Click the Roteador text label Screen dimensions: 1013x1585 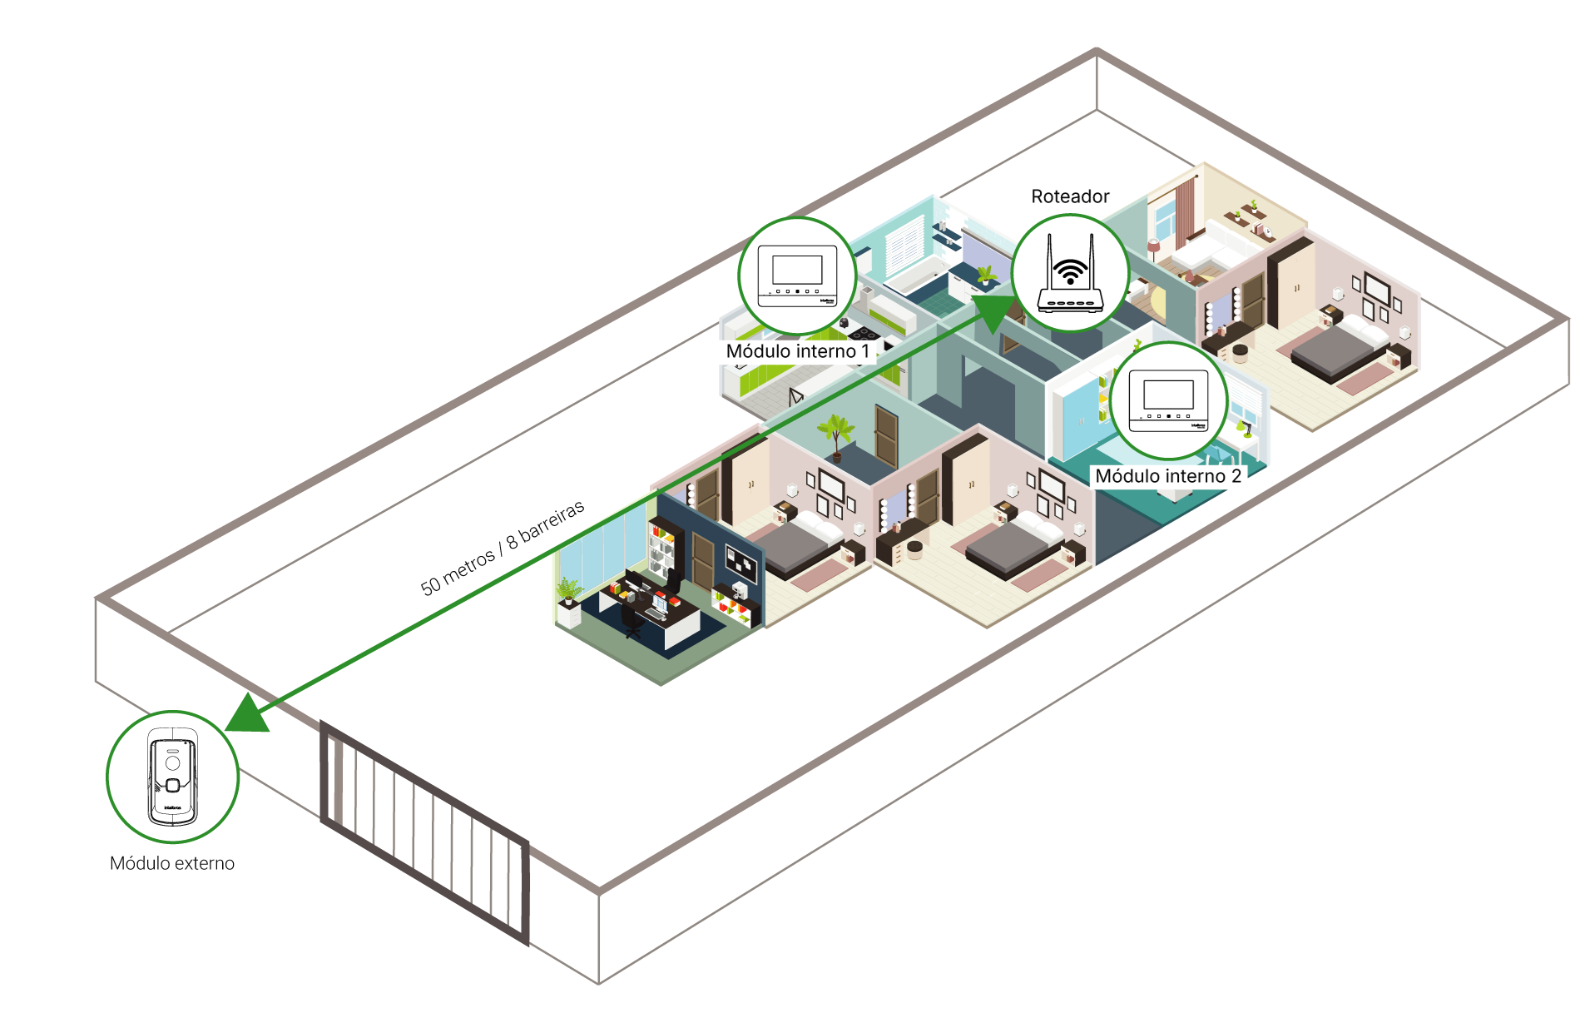(x=1070, y=196)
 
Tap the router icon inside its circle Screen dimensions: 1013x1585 (x=1070, y=274)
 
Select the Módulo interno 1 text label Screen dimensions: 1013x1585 (x=798, y=351)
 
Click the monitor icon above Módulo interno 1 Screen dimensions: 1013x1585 (x=797, y=276)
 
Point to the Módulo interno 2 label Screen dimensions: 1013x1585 (x=1167, y=476)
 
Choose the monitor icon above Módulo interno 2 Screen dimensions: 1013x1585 (x=1168, y=400)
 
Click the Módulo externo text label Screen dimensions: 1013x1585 (x=172, y=863)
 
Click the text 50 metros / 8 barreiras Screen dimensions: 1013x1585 (x=502, y=548)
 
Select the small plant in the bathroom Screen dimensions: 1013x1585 (x=987, y=274)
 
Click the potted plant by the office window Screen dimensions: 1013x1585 (x=569, y=593)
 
